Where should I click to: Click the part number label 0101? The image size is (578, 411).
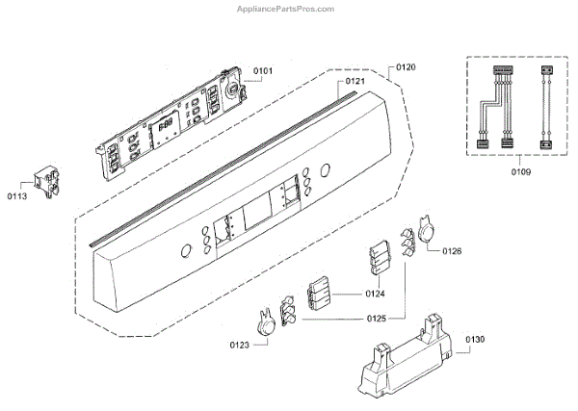point(263,70)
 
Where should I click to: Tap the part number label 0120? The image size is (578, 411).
point(405,67)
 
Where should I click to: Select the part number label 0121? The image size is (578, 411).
point(355,82)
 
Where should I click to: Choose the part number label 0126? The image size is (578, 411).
point(453,251)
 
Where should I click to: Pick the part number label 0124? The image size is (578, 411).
point(376,293)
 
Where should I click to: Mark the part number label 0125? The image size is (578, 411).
point(377,318)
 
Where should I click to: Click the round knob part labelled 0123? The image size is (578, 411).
point(263,320)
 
